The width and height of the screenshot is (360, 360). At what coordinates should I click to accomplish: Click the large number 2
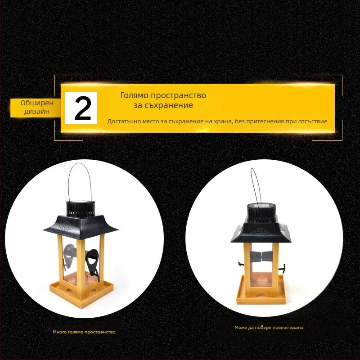(83, 108)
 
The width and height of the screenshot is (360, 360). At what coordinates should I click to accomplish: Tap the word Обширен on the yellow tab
(37, 103)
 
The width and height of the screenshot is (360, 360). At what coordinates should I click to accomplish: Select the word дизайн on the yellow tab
(37, 112)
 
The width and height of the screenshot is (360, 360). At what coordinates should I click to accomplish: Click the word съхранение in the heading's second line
(169, 105)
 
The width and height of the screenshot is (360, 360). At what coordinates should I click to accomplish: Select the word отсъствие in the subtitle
(313, 121)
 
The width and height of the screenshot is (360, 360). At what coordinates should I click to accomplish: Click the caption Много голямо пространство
(84, 332)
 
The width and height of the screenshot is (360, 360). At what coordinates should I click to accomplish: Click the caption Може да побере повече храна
(269, 328)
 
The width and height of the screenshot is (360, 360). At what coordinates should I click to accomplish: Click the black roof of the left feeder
(81, 225)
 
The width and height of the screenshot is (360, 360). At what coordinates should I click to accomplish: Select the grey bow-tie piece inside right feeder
(261, 256)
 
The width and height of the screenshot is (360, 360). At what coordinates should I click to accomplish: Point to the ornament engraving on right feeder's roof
(261, 233)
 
